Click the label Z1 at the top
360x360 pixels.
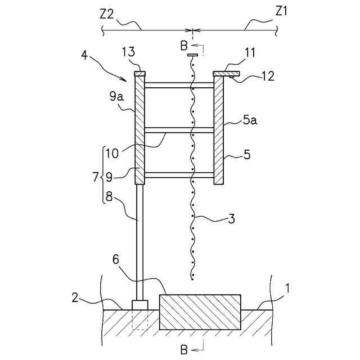tap(283, 12)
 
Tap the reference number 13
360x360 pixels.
tap(129, 52)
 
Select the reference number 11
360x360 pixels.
tap(250, 54)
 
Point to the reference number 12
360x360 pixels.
tap(268, 76)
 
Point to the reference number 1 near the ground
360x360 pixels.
tap(287, 289)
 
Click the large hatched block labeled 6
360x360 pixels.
tap(201, 312)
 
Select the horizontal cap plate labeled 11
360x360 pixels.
tap(226, 73)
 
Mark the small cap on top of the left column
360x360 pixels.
tap(139, 73)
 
